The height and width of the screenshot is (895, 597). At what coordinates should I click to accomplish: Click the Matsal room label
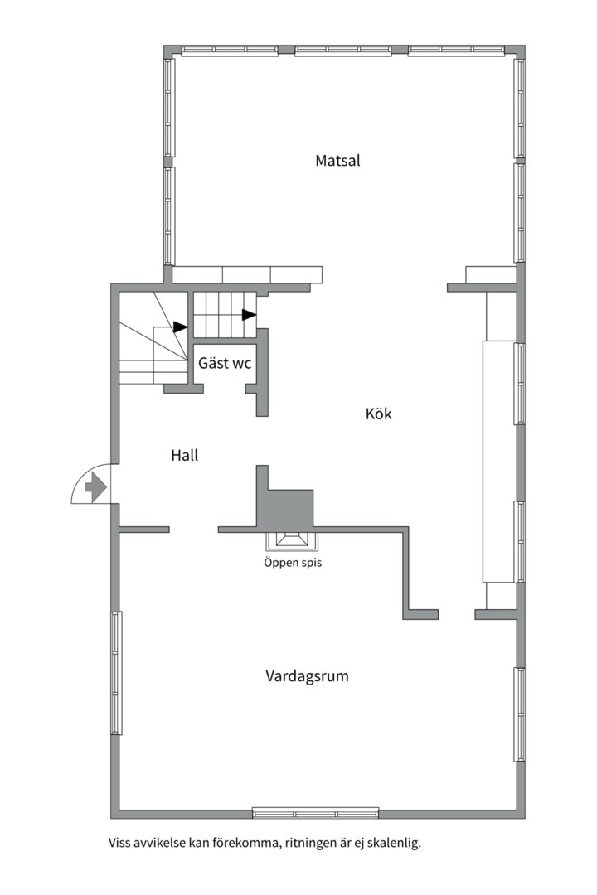point(337,161)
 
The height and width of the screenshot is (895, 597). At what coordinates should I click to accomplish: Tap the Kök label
point(378,414)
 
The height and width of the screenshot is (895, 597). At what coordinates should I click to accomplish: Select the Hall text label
point(185,455)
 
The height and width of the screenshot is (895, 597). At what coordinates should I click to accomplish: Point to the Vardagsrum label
point(307,676)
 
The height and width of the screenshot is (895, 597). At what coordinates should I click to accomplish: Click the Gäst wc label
point(225,363)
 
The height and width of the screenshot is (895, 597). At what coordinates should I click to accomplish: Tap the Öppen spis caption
point(293,563)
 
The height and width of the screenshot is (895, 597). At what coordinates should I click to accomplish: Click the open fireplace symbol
point(292,539)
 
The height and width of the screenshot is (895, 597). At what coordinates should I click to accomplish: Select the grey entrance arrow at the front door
point(95,487)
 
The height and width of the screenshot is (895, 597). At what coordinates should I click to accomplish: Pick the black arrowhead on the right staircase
point(249,315)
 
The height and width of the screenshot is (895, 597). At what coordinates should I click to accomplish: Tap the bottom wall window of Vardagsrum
point(315,812)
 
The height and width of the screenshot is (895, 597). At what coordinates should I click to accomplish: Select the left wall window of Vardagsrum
point(117,673)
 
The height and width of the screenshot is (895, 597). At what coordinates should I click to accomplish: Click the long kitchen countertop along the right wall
point(499,462)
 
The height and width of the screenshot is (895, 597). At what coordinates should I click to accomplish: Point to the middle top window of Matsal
point(343,51)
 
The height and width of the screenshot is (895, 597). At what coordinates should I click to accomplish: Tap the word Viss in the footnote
point(119,843)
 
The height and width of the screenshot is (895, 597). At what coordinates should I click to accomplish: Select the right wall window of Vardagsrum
point(519,714)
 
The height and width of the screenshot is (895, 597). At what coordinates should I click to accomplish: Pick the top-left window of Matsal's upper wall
point(230,51)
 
